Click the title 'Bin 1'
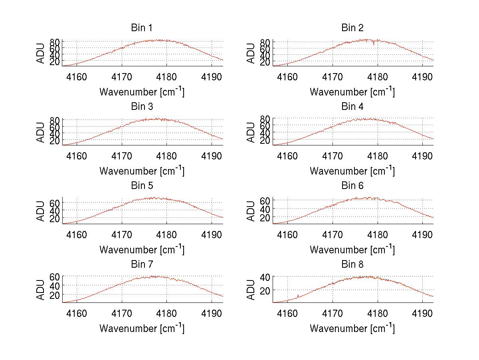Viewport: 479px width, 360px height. [x=142, y=28]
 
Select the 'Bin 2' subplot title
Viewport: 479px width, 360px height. [x=352, y=28]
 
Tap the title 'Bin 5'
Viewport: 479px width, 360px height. [x=142, y=186]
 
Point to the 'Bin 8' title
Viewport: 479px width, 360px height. [x=352, y=265]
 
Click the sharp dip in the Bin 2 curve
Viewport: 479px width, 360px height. [x=374, y=44]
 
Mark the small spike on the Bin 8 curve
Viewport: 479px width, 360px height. [x=298, y=296]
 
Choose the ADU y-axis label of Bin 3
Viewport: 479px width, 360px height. [x=41, y=132]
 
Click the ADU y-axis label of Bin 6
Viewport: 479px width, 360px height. [x=251, y=211]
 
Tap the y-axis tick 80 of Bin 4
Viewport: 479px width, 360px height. [x=266, y=118]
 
